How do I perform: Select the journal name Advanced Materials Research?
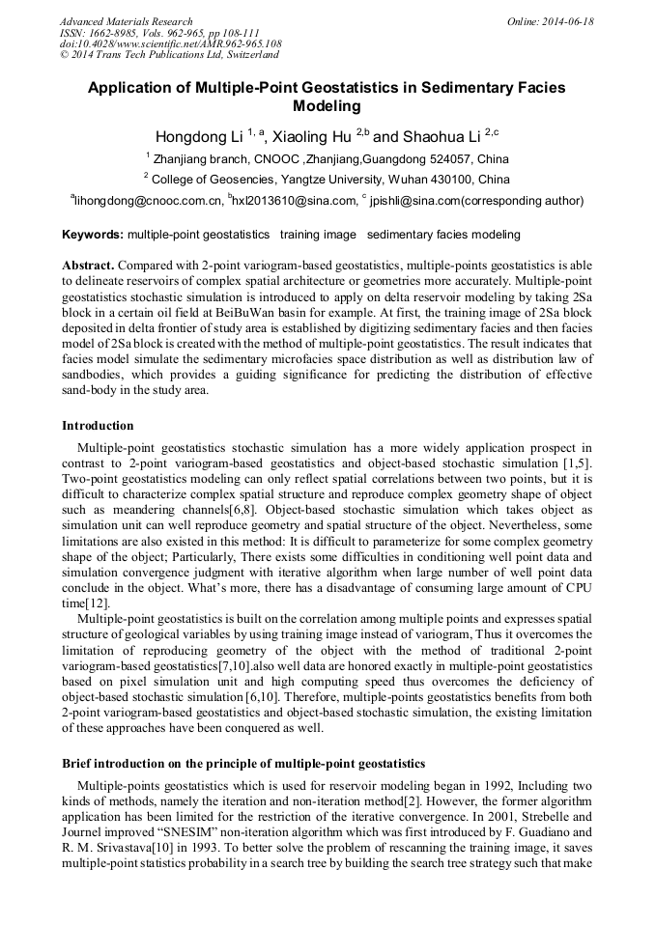(x=126, y=21)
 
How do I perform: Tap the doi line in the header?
(x=171, y=44)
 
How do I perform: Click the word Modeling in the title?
(x=327, y=106)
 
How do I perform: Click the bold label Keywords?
(x=93, y=235)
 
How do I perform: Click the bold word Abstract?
(x=88, y=265)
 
